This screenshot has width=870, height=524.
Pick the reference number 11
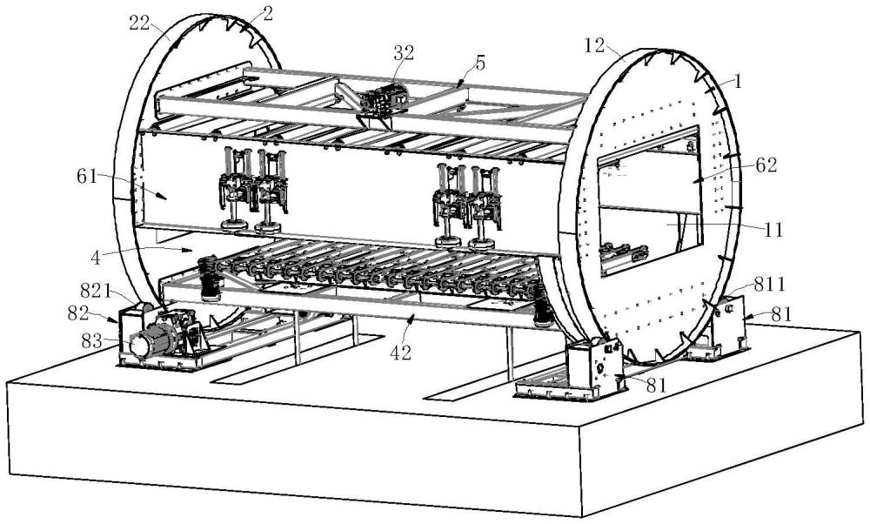coord(771,231)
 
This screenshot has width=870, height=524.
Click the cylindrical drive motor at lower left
coord(150,340)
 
